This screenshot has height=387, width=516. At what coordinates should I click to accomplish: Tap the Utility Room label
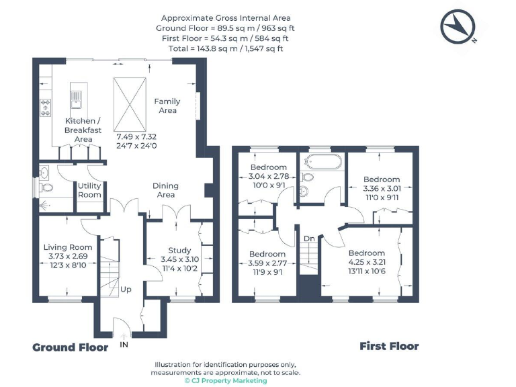(89, 190)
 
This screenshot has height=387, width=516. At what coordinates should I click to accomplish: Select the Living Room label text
(68, 247)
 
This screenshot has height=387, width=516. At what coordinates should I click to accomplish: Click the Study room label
(180, 250)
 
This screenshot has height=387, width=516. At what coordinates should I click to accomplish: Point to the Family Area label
(167, 105)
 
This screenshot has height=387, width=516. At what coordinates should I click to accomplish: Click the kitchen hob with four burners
(46, 107)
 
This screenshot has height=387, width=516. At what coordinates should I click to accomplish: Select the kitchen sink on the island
(75, 99)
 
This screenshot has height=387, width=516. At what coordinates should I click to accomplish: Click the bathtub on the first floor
(322, 162)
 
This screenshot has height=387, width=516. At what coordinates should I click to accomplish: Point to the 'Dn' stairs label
(308, 239)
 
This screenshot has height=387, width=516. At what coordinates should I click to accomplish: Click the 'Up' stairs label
(126, 290)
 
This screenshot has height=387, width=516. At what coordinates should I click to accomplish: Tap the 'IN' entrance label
(124, 344)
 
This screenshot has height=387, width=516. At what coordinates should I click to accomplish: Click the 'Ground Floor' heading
(71, 347)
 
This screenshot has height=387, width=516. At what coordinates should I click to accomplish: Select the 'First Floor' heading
(389, 347)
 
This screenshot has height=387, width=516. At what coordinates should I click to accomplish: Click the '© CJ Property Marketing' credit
(226, 380)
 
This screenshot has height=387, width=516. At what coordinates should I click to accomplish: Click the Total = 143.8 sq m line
(225, 48)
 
